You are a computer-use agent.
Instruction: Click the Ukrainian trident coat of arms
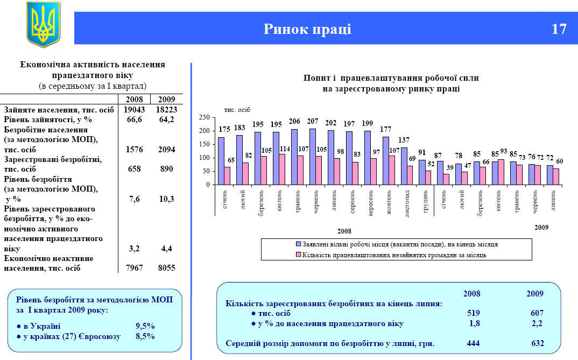pos(44,24)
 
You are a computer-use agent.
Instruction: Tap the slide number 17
pos(559,29)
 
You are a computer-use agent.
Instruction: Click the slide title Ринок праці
pos(307,29)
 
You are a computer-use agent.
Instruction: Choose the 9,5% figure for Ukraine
pos(145,326)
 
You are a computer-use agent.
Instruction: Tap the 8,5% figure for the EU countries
pos(145,336)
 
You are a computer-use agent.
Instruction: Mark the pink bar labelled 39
pos(446,179)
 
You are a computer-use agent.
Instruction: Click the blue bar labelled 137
pos(404,166)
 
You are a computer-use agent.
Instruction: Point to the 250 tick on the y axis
pos(204,117)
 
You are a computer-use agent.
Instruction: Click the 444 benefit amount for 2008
pos(473,343)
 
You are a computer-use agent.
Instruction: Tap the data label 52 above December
pos(431,164)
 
